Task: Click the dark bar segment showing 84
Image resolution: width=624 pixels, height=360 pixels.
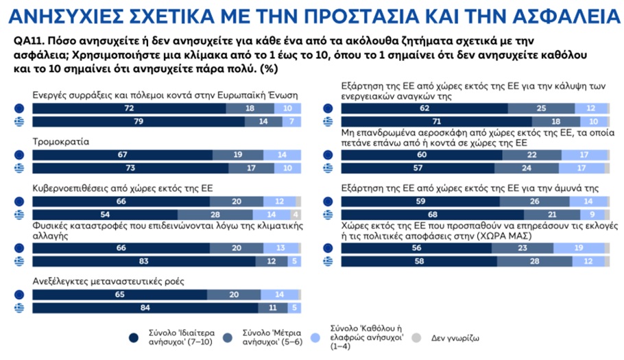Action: [x=144, y=308]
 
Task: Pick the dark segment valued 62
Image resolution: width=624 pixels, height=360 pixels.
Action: [x=424, y=108]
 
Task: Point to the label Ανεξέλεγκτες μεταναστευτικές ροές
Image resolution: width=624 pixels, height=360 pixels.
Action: [x=109, y=281]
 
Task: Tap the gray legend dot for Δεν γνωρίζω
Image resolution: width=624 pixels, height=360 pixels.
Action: [x=416, y=337]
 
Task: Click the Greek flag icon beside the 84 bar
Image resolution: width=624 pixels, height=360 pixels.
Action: [x=19, y=308]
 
